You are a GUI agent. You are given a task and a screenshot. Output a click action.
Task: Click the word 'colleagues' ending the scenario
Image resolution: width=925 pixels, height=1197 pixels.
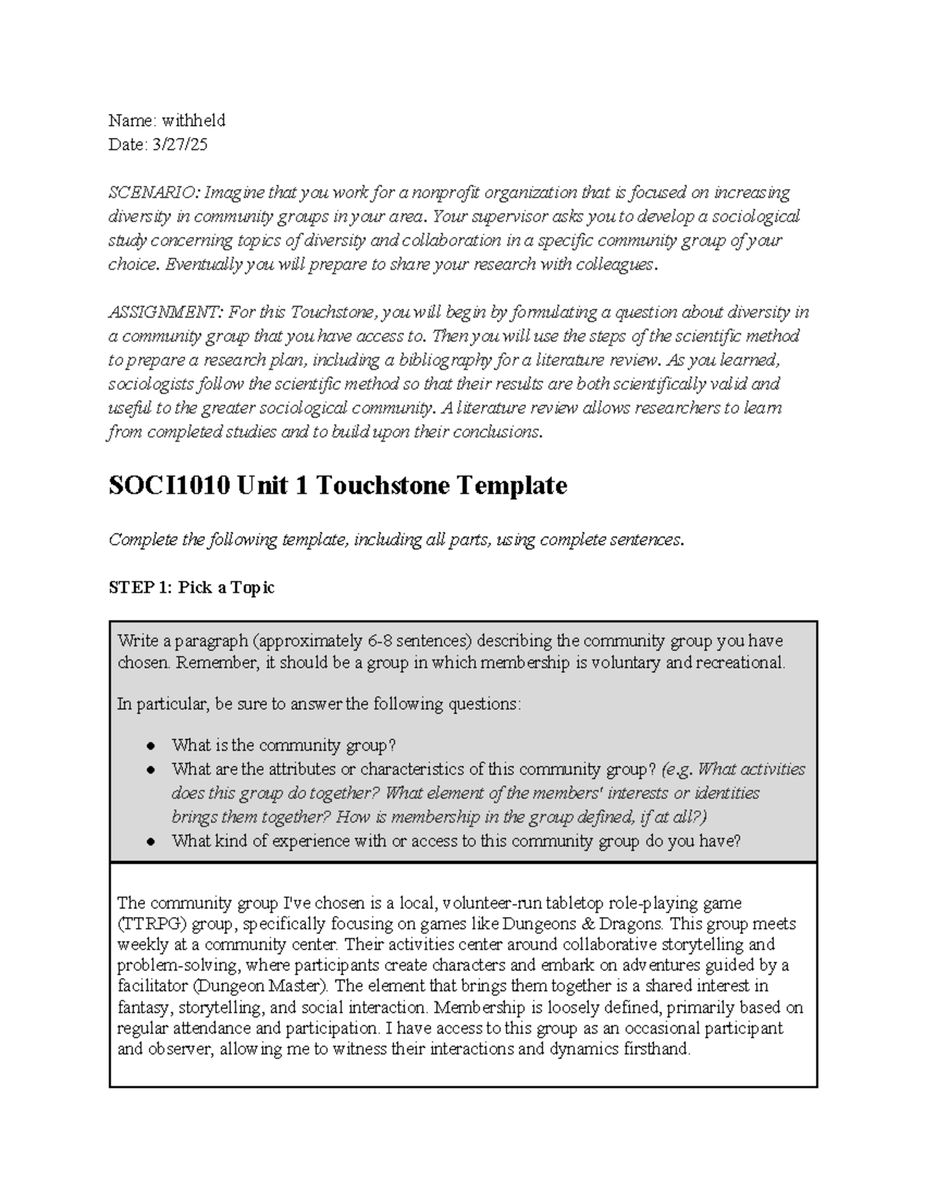tap(614, 264)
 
